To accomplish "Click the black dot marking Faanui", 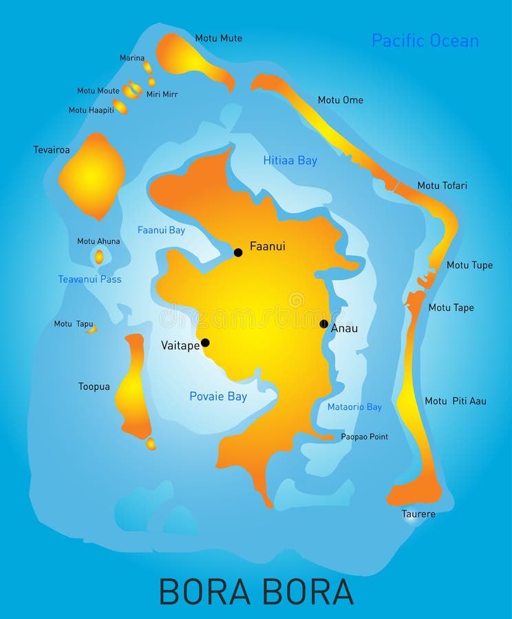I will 238,252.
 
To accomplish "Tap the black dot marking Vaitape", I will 205,343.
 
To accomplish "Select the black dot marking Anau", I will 324,324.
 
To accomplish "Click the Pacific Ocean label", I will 425,41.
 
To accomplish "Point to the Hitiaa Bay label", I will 290,160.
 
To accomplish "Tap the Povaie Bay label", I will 218,396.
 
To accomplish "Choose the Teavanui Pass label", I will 89,279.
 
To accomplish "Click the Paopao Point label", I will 364,437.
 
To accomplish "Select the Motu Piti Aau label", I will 455,401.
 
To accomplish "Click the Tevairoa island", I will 92,176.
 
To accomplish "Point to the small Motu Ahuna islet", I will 99,257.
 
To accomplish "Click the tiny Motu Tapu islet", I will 91,329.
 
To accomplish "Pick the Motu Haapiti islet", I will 120,107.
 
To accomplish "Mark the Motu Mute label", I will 218,39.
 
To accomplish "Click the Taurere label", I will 418,514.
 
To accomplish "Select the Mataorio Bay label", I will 354,407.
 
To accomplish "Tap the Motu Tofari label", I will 442,186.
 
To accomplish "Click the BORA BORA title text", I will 256,591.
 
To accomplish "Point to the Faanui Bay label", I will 161,230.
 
